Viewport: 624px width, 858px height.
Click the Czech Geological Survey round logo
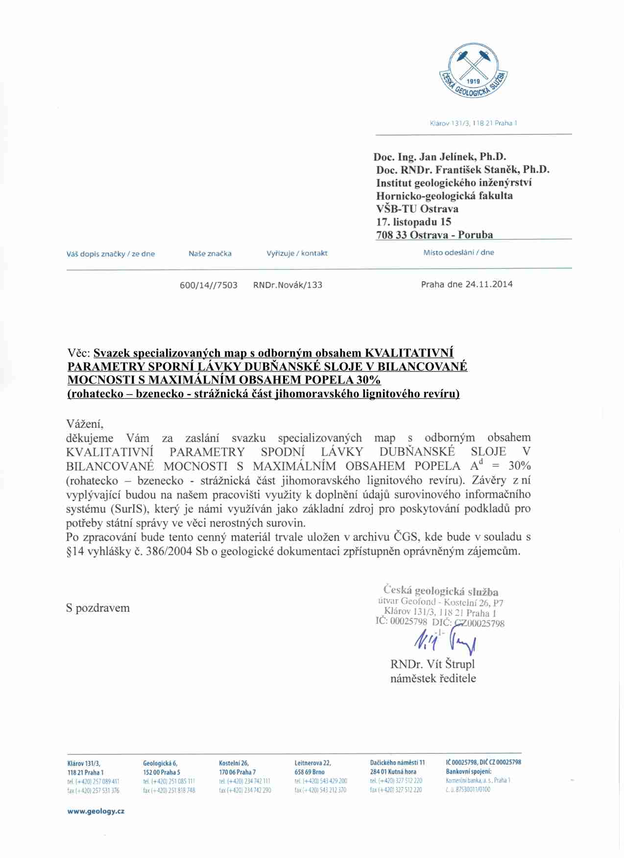click(473, 70)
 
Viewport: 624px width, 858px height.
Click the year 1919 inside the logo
click(474, 81)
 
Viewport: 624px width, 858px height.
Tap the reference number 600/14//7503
click(209, 285)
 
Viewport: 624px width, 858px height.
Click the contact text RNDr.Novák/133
click(288, 285)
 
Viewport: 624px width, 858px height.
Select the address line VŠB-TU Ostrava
click(417, 209)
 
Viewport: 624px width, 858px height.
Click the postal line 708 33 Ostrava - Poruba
click(434, 235)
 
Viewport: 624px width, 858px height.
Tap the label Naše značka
click(210, 254)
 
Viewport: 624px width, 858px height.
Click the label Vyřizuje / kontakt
click(297, 254)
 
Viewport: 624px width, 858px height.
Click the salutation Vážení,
click(85, 424)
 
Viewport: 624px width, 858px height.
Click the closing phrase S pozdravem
click(98, 608)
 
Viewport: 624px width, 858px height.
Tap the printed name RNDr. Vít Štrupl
click(432, 664)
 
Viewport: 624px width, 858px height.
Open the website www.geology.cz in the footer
click(96, 812)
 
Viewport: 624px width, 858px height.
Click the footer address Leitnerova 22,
click(312, 763)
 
